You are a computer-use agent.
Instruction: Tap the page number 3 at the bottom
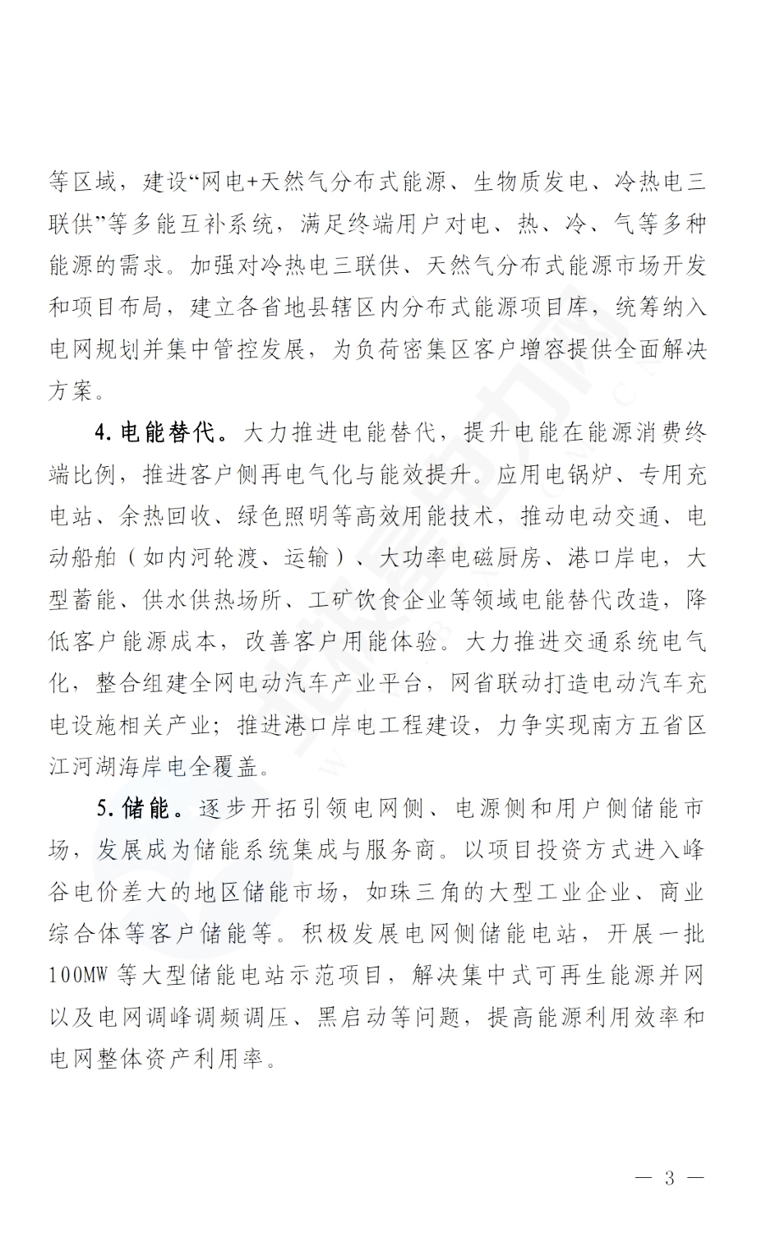[x=669, y=1179]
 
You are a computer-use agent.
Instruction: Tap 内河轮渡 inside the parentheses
[x=213, y=559]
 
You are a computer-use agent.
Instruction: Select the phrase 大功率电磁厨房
[x=459, y=559]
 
